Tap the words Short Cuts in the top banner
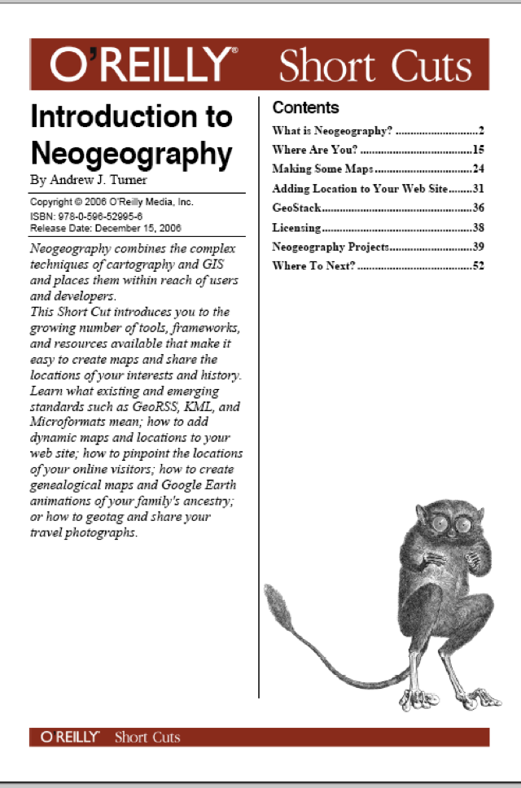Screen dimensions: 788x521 point(374,66)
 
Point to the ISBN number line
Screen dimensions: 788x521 point(86,217)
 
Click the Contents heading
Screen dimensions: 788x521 point(305,107)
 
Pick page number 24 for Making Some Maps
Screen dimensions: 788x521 point(478,169)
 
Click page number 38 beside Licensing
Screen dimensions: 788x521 point(478,228)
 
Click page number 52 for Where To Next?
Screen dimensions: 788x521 point(478,266)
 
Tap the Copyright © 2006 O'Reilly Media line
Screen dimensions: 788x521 point(112,202)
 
